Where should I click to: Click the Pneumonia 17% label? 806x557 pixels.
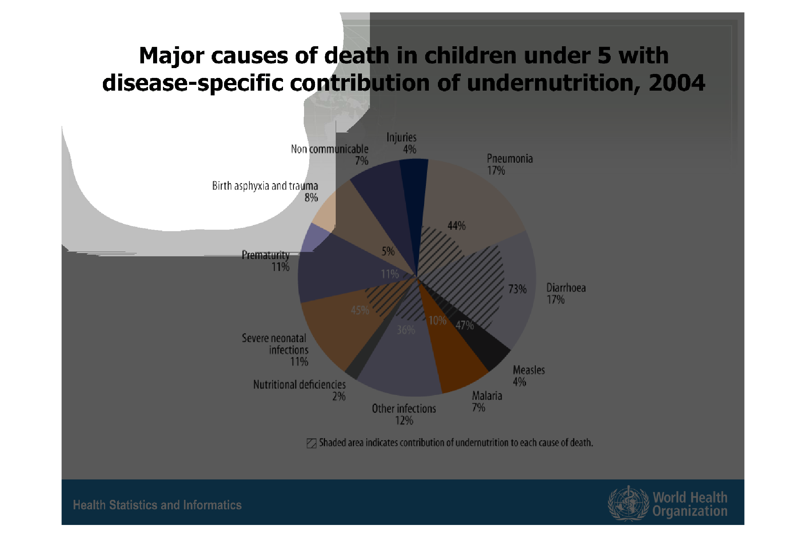tap(509, 165)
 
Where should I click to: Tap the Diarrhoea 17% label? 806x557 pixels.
tap(566, 294)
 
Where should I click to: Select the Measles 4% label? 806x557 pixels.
tap(528, 376)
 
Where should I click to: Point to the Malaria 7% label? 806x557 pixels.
tap(487, 402)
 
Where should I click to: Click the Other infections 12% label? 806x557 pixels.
tap(404, 414)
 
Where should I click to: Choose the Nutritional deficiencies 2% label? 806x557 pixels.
tap(299, 390)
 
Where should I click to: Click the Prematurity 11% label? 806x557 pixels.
tap(266, 261)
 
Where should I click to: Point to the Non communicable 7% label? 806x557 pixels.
tap(330, 155)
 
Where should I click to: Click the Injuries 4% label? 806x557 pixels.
tap(402, 143)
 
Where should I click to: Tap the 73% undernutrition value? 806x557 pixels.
tap(517, 289)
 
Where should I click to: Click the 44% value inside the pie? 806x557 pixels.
tap(456, 226)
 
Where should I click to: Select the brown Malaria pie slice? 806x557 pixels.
tap(459, 364)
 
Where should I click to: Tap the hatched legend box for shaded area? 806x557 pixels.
tap(311, 443)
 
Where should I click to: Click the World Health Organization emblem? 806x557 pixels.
tap(628, 503)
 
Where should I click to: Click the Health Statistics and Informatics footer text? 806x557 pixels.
tap(157, 505)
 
